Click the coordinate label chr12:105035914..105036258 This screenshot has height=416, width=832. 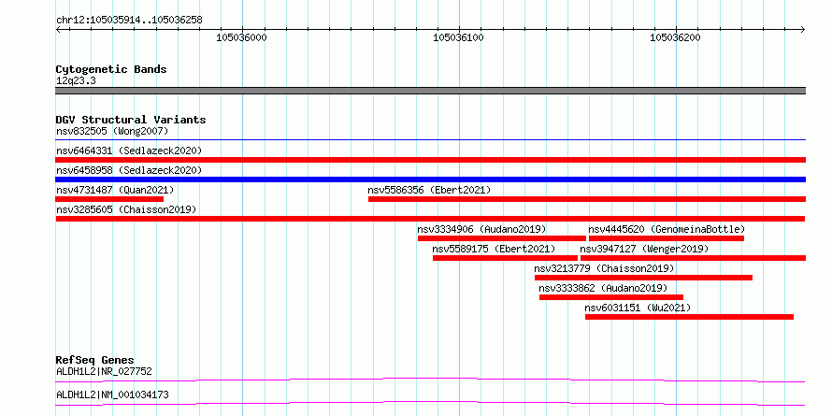coord(129,21)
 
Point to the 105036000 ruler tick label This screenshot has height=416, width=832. coord(241,37)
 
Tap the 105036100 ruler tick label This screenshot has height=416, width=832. coord(458,37)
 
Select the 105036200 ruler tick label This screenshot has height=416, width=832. coord(676,37)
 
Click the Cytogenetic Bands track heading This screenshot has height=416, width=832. coord(111,69)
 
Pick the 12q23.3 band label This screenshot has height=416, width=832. coord(76,81)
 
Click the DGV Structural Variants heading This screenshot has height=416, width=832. coord(131,120)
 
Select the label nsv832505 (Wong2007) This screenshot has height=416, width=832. coord(112,131)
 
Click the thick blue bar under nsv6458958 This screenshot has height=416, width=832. coord(430,179)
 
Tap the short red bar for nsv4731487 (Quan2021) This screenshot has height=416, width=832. coord(109,199)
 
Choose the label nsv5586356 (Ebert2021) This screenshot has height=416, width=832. coord(429,190)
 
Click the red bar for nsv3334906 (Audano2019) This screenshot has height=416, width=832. coord(501,238)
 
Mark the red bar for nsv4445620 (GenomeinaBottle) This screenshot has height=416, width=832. coord(666,238)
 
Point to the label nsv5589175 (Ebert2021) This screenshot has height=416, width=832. coord(494,249)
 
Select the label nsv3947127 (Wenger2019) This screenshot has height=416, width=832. coord(644,249)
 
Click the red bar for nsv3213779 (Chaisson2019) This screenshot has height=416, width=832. coord(643,278)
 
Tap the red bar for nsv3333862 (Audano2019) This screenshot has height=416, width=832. coord(611,297)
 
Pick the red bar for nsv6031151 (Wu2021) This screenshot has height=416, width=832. coord(689,317)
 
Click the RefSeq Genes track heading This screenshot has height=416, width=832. coord(95,361)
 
